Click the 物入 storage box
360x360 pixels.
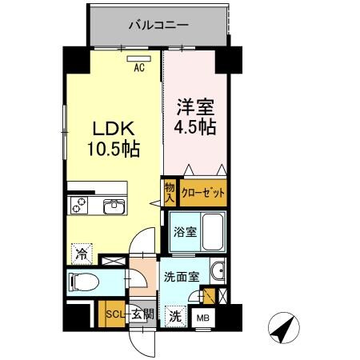pos(170,194)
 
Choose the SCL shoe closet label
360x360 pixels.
pos(115,314)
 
